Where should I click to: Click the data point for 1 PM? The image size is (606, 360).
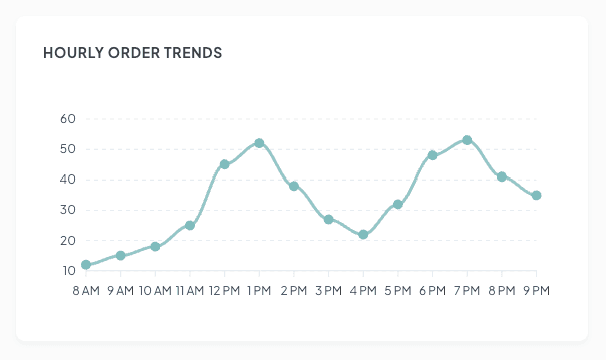[259, 143]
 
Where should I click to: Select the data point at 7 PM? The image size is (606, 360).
[467, 140]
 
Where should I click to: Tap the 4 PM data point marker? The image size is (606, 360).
[363, 235]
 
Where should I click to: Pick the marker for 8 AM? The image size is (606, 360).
[86, 265]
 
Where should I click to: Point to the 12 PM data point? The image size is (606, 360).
[224, 164]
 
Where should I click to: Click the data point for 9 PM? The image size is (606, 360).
[537, 195]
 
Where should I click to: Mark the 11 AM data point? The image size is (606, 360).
[190, 225]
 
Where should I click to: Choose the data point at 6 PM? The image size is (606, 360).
[433, 155]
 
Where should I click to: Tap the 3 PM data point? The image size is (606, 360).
[328, 219]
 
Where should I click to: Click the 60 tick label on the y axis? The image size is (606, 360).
[68, 119]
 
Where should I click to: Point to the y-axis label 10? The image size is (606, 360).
[68, 271]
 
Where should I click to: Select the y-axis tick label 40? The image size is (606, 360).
[68, 180]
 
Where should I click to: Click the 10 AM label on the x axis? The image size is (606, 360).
[155, 290]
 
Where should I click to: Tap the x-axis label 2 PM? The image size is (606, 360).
[294, 290]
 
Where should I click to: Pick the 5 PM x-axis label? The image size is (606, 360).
[398, 290]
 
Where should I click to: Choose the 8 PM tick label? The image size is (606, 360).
[502, 290]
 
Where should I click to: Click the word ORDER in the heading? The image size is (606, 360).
[130, 52]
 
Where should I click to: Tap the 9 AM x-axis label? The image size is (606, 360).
[120, 290]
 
